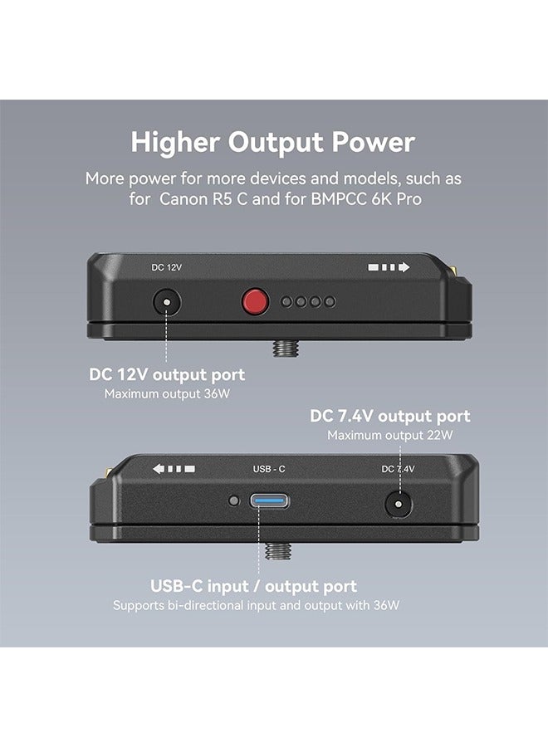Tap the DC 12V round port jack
(168, 302)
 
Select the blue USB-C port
(269, 502)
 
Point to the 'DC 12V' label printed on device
(165, 268)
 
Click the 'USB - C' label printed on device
(269, 469)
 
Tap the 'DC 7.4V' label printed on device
(398, 469)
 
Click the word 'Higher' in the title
(175, 142)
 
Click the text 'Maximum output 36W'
(167, 394)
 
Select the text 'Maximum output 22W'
(390, 435)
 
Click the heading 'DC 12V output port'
(167, 374)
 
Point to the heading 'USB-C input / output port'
(253, 586)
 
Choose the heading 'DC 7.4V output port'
(390, 415)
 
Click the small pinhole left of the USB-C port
(234, 501)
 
